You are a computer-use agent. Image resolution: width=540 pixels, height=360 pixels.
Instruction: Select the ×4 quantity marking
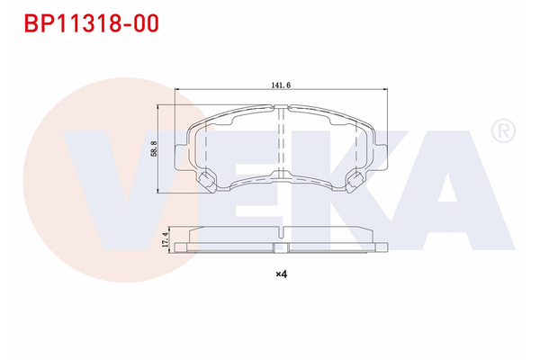[x=280, y=274]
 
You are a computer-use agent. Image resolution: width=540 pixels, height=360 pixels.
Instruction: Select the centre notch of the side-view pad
[x=282, y=247]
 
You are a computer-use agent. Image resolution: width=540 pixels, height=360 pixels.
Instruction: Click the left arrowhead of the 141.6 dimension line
[x=177, y=88]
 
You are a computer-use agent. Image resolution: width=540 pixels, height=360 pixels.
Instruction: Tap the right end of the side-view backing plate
[x=382, y=246]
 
